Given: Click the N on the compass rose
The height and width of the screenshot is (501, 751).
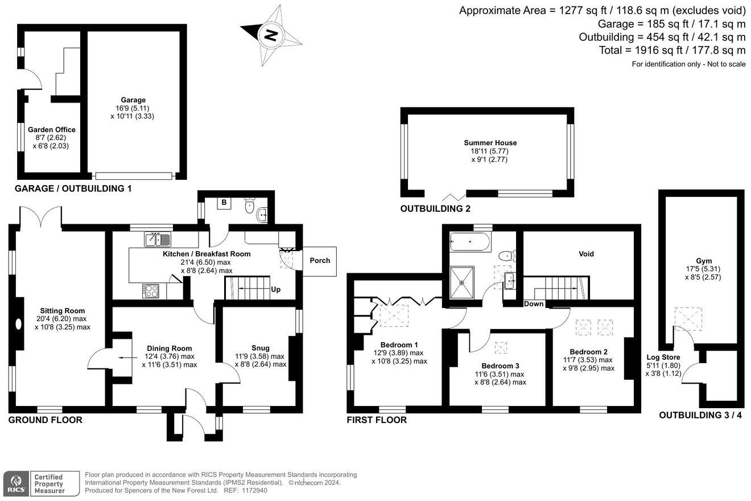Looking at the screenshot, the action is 270,35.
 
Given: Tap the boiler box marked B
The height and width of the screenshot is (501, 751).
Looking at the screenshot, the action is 224,203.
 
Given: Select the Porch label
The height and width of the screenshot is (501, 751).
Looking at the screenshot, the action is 320,260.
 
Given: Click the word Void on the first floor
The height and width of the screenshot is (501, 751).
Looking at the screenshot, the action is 586,254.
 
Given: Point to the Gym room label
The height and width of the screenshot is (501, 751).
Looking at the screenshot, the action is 704,261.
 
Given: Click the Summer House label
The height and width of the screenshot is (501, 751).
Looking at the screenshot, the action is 490,143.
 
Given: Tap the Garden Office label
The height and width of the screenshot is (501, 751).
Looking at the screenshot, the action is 52,130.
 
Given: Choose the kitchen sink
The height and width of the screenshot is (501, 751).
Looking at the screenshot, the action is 158,239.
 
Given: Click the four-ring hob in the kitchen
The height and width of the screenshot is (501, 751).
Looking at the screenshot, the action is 151,291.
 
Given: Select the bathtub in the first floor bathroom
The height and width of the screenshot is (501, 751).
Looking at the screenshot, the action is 470,241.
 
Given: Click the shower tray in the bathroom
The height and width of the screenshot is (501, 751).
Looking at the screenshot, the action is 461,282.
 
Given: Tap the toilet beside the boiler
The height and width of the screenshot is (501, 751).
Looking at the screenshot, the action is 249,206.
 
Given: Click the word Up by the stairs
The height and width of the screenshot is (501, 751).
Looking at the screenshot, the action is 275,290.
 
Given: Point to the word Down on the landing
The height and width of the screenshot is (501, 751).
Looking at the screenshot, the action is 534,303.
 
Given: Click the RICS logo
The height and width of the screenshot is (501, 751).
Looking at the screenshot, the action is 16,483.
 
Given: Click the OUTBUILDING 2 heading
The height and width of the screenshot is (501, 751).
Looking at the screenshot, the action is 435,209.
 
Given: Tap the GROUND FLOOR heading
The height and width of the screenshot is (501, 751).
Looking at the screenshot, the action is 46,420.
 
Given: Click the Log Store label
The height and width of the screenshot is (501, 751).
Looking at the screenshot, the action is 663,357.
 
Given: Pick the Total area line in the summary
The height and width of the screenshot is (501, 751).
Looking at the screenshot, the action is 672,50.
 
